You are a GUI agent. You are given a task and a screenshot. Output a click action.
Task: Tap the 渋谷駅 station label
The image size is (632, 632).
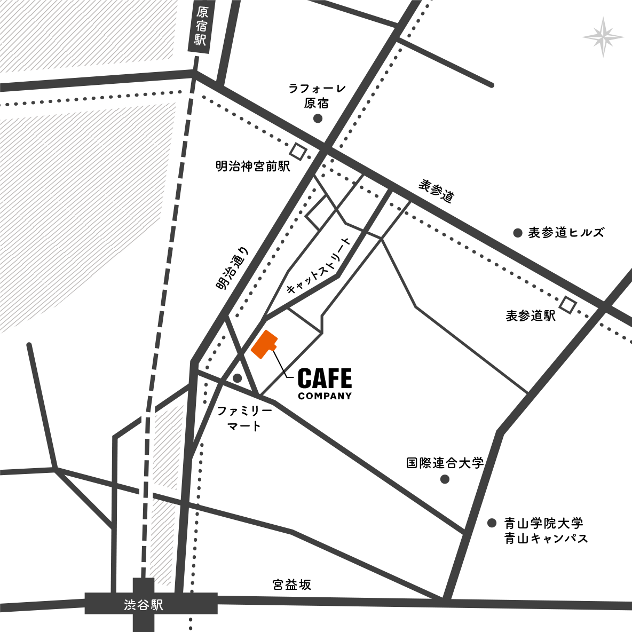143,605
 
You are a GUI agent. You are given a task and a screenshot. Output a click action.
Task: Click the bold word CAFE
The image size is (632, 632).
325,378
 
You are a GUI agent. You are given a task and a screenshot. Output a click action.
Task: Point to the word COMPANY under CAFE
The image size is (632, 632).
325,396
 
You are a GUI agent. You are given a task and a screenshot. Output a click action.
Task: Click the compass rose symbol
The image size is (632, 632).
603,37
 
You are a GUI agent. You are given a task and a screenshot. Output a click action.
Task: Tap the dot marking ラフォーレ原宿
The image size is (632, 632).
318,118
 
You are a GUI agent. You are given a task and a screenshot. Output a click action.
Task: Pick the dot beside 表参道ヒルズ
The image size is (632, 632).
517,233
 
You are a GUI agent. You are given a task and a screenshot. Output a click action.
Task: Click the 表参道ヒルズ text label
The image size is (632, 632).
566,233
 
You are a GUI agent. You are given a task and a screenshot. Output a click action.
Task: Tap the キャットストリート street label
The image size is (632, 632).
319,266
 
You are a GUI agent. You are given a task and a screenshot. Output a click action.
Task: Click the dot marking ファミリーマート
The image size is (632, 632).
238,378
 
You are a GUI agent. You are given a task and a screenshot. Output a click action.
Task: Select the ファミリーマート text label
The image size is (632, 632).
244,418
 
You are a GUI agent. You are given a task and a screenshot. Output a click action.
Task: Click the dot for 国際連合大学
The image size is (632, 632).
445,479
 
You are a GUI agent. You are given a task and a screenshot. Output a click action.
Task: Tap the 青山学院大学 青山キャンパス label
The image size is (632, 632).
546,531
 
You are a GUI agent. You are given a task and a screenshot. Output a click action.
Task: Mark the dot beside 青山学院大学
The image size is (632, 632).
492,523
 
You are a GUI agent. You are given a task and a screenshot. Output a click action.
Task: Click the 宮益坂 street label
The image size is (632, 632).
291,584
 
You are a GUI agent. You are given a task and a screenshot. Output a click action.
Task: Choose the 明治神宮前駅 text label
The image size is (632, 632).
252,167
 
